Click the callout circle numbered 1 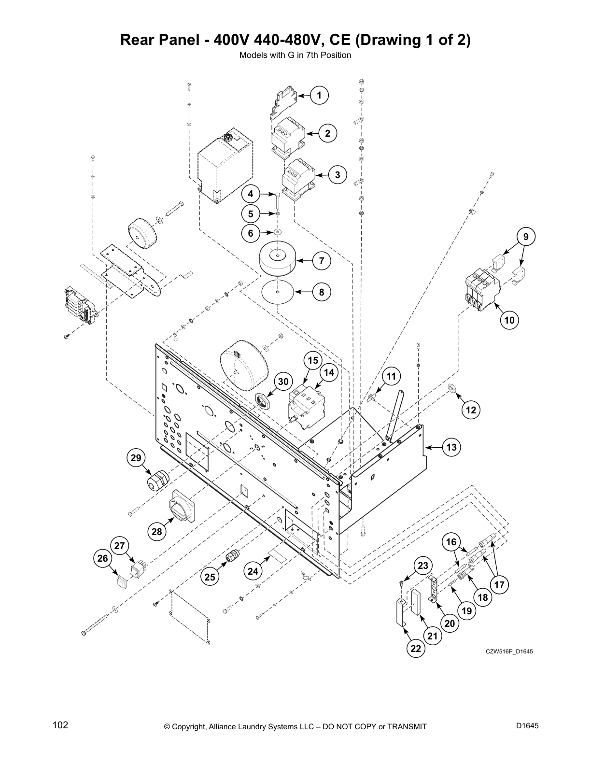point(319,95)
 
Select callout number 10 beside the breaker point(509,320)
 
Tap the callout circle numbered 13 point(451,448)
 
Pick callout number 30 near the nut point(283,382)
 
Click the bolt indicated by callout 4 point(278,199)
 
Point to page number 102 point(60,725)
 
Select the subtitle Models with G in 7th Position point(295,55)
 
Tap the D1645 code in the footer point(527,725)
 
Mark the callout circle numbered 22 point(416,649)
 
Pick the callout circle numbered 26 point(102,559)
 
